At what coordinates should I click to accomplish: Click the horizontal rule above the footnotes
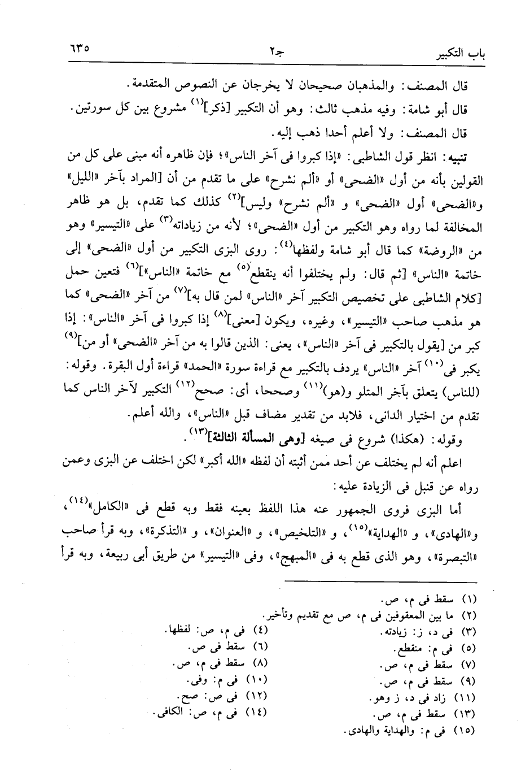(x=381, y=582)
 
